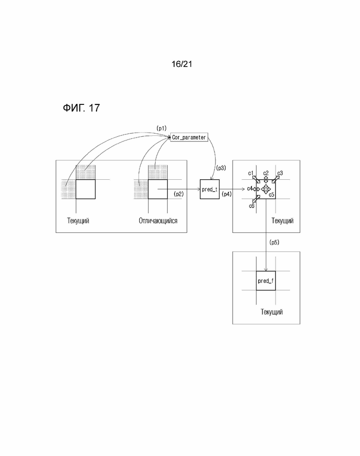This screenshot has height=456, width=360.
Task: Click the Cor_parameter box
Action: [189, 137]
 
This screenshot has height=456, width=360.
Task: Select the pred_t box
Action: [210, 189]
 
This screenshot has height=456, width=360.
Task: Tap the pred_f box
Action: [265, 280]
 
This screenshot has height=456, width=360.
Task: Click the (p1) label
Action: [162, 128]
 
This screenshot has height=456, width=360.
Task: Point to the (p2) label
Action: [179, 194]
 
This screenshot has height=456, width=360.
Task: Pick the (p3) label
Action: [221, 168]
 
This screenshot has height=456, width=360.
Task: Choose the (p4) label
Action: [227, 194]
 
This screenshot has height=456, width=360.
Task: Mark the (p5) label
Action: [274, 242]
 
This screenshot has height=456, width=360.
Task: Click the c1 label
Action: [251, 173]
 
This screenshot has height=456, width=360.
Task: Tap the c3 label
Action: [280, 173]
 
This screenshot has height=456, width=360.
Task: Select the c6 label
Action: [252, 206]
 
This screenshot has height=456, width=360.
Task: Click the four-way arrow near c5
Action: [265, 189]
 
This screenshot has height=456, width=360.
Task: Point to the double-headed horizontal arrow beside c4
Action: [256, 189]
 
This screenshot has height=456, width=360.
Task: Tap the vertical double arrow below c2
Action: [266, 179]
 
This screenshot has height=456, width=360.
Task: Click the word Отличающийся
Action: [158, 221]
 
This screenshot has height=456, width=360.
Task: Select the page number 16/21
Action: [181, 64]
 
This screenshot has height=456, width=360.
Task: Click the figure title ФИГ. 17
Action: [81, 108]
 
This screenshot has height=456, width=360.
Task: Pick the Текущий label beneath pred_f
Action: [272, 312]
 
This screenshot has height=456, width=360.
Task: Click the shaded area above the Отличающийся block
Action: [158, 172]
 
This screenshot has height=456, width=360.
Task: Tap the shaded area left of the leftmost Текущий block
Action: [69, 189]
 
